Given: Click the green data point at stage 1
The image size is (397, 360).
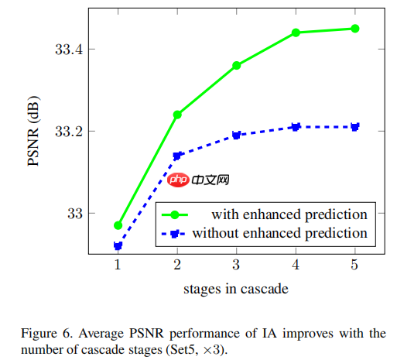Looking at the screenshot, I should pyautogui.click(x=118, y=225).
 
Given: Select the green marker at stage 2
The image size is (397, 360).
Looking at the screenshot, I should pyautogui.click(x=177, y=115).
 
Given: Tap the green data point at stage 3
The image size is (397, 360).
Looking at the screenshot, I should pyautogui.click(x=237, y=65).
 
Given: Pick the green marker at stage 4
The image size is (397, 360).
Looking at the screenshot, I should pyautogui.click(x=296, y=33).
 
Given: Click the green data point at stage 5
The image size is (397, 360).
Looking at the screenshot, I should pyautogui.click(x=355, y=29).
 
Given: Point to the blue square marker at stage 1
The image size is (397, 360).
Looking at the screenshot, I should pyautogui.click(x=118, y=246).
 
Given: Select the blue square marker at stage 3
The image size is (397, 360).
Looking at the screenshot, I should pyautogui.click(x=237, y=135).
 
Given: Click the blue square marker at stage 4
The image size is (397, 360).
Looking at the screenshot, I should pyautogui.click(x=296, y=127).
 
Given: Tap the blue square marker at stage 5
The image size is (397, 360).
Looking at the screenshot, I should pyautogui.click(x=355, y=127).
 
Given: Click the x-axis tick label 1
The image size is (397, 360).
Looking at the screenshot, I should pyautogui.click(x=118, y=266).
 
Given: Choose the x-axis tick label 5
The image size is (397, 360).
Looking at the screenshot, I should pyautogui.click(x=355, y=266).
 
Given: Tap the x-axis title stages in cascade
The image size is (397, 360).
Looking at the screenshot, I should pyautogui.click(x=236, y=290).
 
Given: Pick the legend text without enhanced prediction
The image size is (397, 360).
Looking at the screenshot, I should pyautogui.click(x=279, y=232).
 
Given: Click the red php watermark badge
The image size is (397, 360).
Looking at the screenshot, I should pyautogui.click(x=178, y=180).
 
